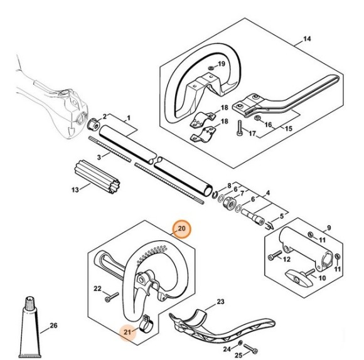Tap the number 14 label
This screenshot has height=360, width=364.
307,40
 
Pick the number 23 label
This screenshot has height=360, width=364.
220,302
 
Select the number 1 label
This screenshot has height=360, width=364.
129,117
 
